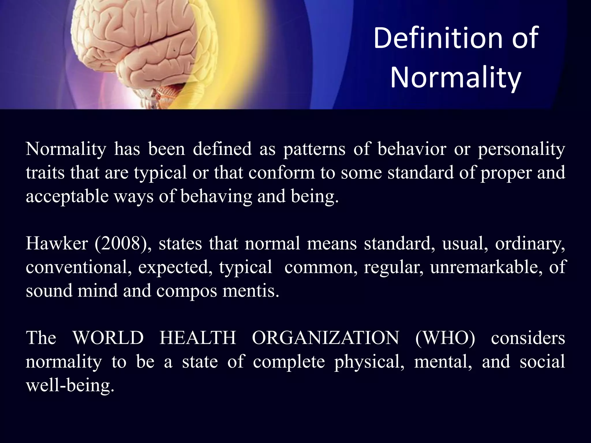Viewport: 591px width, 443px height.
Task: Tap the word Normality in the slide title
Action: (456, 77)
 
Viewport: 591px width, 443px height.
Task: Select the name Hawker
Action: (57, 244)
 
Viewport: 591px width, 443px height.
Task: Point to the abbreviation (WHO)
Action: (445, 338)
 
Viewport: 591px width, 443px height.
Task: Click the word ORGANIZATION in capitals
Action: (326, 338)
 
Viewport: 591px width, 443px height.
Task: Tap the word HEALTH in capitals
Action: (198, 338)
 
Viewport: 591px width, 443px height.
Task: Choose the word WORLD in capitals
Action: (108, 338)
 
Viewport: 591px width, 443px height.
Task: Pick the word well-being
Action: (70, 385)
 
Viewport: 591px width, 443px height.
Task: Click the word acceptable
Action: (67, 197)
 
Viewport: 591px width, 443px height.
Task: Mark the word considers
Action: (528, 338)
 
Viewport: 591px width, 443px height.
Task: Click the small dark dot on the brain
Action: (174, 50)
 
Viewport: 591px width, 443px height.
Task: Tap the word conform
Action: (281, 173)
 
